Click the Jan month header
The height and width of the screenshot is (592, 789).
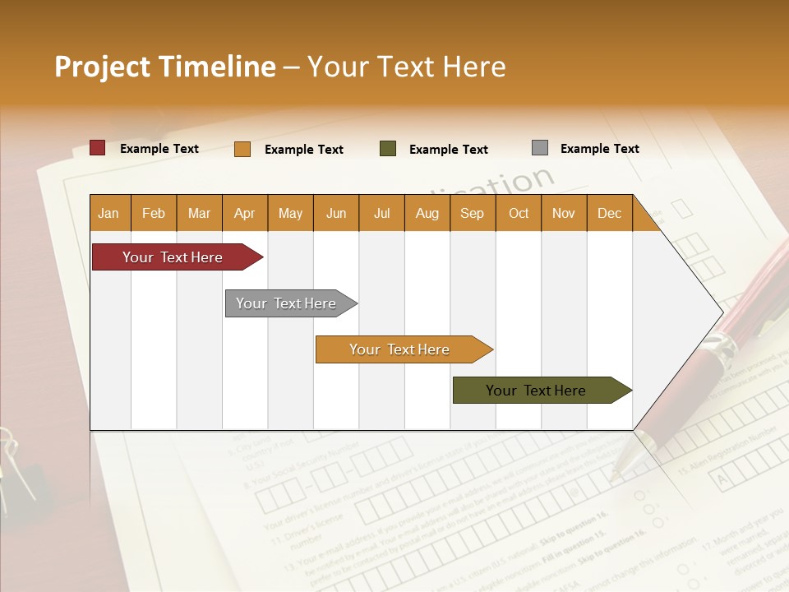pos(108,213)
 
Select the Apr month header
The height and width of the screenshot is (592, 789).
pos(244,213)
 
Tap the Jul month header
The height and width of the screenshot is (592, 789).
pos(381,213)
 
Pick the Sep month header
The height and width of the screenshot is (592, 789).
pos(472,213)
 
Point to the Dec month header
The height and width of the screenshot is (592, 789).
pos(609,213)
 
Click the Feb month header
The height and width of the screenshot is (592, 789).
pos(154,213)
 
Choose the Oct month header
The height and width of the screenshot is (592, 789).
pos(519,213)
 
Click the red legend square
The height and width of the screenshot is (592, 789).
pos(98,148)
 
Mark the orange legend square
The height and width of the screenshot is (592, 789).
pos(242,149)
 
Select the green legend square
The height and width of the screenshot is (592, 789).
pos(388,149)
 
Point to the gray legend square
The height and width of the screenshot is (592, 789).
pos(540,148)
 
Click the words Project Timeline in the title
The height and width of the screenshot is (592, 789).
pos(165,67)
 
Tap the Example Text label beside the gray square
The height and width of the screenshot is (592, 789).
pos(599,149)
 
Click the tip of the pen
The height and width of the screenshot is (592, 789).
pos(614,475)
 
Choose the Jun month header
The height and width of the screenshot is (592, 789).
pos(336,213)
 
